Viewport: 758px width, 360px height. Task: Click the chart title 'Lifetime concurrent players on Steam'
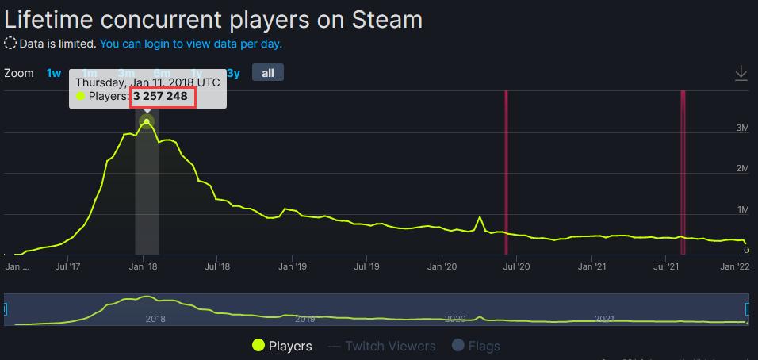pos(213,19)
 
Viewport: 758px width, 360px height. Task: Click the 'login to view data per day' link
pos(191,44)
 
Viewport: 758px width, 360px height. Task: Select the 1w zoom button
pos(54,73)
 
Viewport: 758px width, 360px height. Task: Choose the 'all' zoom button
pos(267,73)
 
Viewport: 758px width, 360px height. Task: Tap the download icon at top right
pos(741,73)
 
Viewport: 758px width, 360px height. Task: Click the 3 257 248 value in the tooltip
pos(160,96)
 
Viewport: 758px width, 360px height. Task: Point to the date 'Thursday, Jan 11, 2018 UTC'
pos(147,82)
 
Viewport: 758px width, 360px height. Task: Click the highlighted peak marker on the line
pos(147,122)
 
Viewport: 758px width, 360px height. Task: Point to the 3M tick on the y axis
pos(742,128)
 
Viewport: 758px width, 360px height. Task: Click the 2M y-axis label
pos(742,168)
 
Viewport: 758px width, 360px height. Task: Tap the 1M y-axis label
pos(742,209)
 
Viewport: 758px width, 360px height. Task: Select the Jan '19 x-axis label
pos(293,267)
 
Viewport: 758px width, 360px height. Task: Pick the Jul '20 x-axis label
pos(517,267)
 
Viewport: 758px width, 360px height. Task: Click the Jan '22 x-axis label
pos(741,267)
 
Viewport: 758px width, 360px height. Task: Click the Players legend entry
pos(281,346)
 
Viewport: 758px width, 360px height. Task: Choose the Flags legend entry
pos(476,346)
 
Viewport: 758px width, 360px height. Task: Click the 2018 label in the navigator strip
pos(155,318)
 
